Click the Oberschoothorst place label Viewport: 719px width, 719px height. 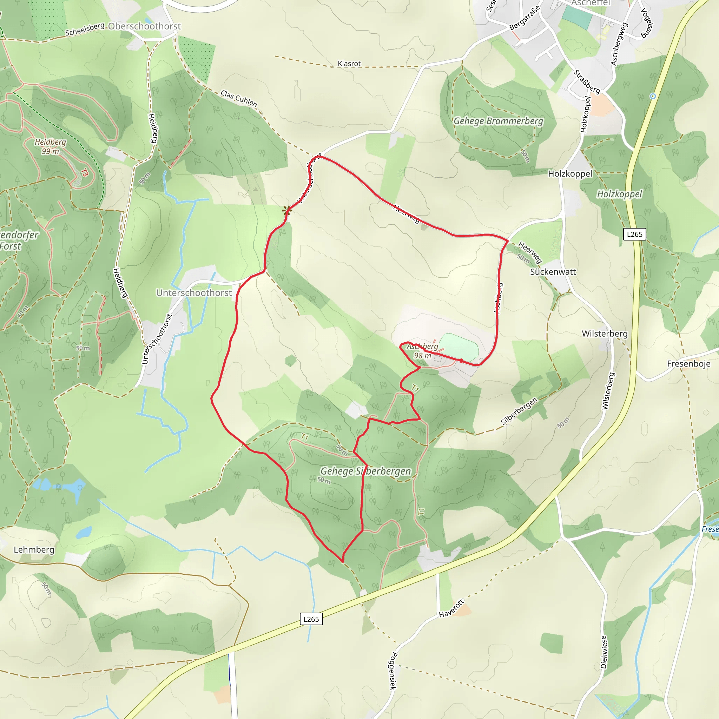pos(144,26)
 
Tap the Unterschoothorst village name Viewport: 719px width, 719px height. pos(194,293)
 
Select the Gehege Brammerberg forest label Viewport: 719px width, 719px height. pos(498,121)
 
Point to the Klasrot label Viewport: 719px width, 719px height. pos(349,64)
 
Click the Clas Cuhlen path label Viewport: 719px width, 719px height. pos(238,98)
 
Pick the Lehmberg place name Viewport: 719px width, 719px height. pos(34,550)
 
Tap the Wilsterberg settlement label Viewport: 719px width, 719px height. pos(605,334)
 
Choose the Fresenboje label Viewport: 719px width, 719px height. pos(688,364)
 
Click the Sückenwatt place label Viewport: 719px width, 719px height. pos(553,272)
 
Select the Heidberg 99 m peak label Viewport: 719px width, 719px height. pos(50,147)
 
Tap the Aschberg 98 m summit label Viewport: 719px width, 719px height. pos(422,351)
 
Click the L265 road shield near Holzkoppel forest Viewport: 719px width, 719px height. pos(634,234)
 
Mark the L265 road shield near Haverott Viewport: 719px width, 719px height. pos(311,619)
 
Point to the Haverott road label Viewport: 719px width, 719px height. pos(451,608)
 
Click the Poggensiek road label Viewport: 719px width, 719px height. pos(393,671)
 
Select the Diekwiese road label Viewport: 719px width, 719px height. pos(603,652)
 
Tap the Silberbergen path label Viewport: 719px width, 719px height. pos(519,411)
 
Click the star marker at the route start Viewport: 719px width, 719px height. pos(286,211)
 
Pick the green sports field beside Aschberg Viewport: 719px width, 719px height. pos(459,347)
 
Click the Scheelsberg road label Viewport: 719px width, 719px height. pos(85,29)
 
